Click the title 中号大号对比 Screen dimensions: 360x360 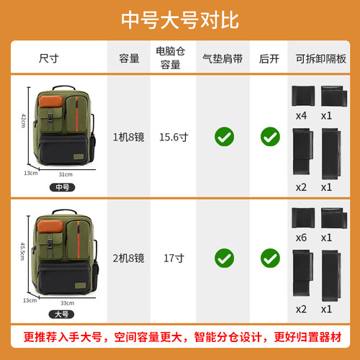(180, 20)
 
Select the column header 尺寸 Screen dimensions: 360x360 (49, 58)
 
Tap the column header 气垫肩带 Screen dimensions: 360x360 (222, 59)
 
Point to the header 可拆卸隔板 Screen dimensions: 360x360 (321, 59)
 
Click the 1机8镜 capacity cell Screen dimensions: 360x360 (129, 137)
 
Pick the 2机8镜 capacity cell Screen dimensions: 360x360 (129, 258)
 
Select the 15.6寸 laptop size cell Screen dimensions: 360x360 (174, 137)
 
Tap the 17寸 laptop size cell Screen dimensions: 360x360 (174, 258)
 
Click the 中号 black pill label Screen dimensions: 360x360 (63, 187)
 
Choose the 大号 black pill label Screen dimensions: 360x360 (61, 314)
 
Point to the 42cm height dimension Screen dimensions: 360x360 (23, 120)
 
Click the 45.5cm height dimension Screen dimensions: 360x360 (22, 251)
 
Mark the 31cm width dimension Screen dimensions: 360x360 (66, 174)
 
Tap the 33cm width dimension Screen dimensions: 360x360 (67, 303)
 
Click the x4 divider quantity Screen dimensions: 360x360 (301, 116)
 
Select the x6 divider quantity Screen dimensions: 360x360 (301, 238)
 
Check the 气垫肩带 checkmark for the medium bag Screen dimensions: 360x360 (224, 137)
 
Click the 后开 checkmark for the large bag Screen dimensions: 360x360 (270, 258)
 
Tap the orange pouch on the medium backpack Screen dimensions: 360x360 (50, 102)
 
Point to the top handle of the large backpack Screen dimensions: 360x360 (64, 212)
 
